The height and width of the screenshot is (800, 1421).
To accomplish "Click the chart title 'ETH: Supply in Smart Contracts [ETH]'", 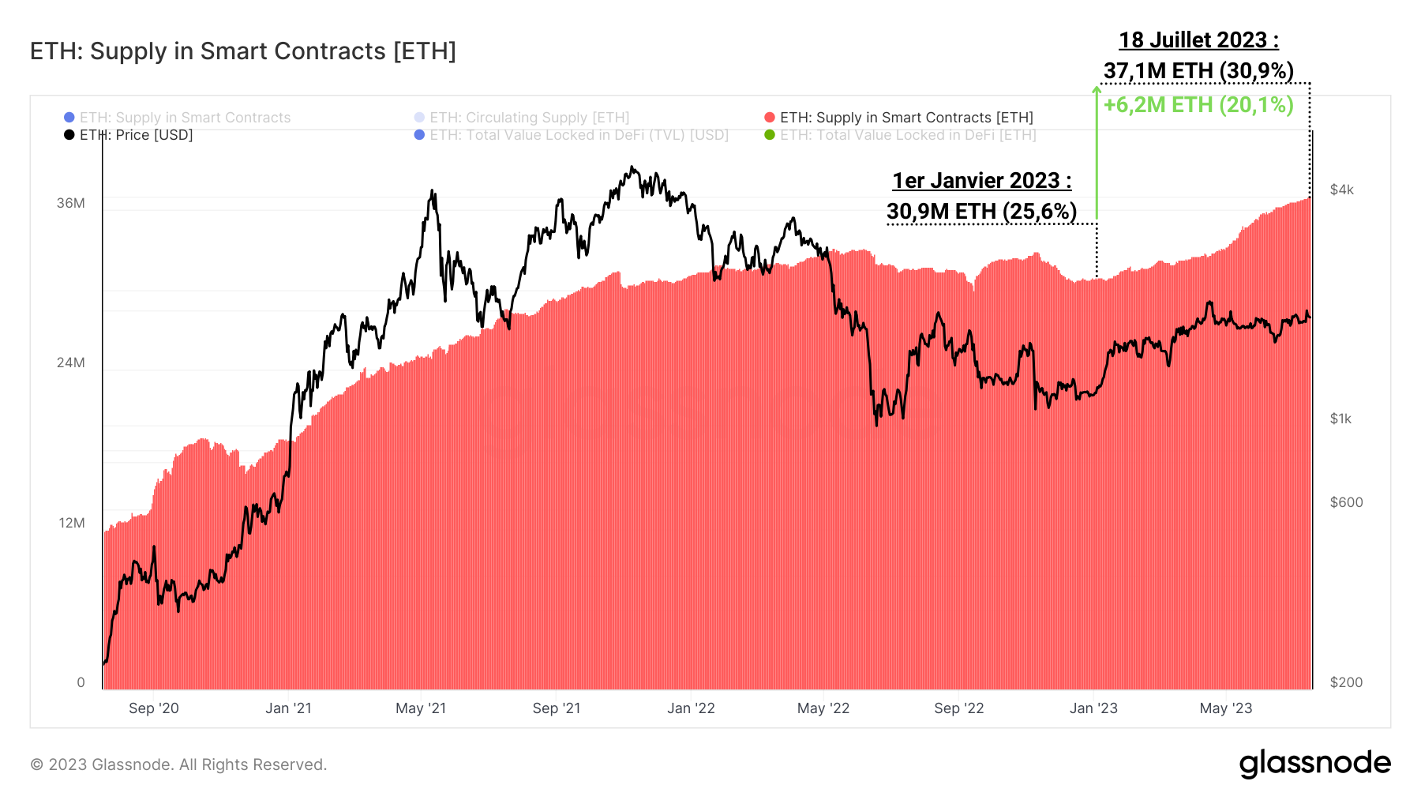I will pyautogui.click(x=243, y=51).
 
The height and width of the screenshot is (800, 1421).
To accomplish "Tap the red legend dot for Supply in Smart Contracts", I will pyautogui.click(x=770, y=118).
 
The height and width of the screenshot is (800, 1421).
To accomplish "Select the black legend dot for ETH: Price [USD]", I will pyautogui.click(x=69, y=135).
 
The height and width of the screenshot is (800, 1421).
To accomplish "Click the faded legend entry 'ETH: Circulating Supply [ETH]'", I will pyautogui.click(x=529, y=118).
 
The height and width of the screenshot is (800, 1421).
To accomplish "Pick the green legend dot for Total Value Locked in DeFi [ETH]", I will pyautogui.click(x=770, y=135).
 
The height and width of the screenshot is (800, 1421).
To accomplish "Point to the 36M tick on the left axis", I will pyautogui.click(x=70, y=203).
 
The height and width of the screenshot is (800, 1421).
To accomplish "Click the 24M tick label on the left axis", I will pyautogui.click(x=70, y=362).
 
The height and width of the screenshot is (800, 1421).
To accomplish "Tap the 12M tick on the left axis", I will pyautogui.click(x=71, y=523).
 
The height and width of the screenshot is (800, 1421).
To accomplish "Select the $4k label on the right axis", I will pyautogui.click(x=1341, y=190).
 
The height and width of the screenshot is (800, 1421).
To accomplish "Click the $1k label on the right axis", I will pyautogui.click(x=1340, y=419).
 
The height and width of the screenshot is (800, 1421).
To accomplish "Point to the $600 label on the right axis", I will pyautogui.click(x=1346, y=502).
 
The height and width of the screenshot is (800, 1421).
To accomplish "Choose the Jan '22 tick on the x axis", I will pyautogui.click(x=691, y=708).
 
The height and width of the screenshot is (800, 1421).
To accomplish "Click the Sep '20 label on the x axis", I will pyautogui.click(x=154, y=708).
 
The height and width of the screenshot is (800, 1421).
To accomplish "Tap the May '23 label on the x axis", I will pyautogui.click(x=1225, y=708).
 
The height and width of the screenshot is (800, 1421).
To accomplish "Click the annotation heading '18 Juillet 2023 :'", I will pyautogui.click(x=1198, y=40).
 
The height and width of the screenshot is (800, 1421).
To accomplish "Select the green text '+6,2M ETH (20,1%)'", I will pyautogui.click(x=1198, y=105).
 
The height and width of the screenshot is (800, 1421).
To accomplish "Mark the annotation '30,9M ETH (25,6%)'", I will pyautogui.click(x=981, y=212).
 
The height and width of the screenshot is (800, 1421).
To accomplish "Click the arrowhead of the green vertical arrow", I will pyautogui.click(x=1097, y=90).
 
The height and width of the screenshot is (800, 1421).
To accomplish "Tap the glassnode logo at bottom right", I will pyautogui.click(x=1314, y=764).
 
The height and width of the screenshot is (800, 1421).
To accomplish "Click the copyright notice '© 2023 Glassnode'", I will pyautogui.click(x=178, y=764).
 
